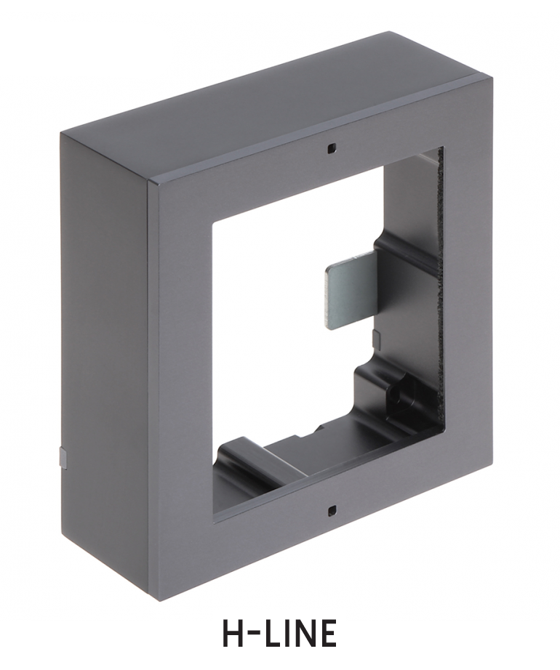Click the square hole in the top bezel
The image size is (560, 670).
coord(331,148)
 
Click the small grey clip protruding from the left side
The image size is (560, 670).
coord(63,457)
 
